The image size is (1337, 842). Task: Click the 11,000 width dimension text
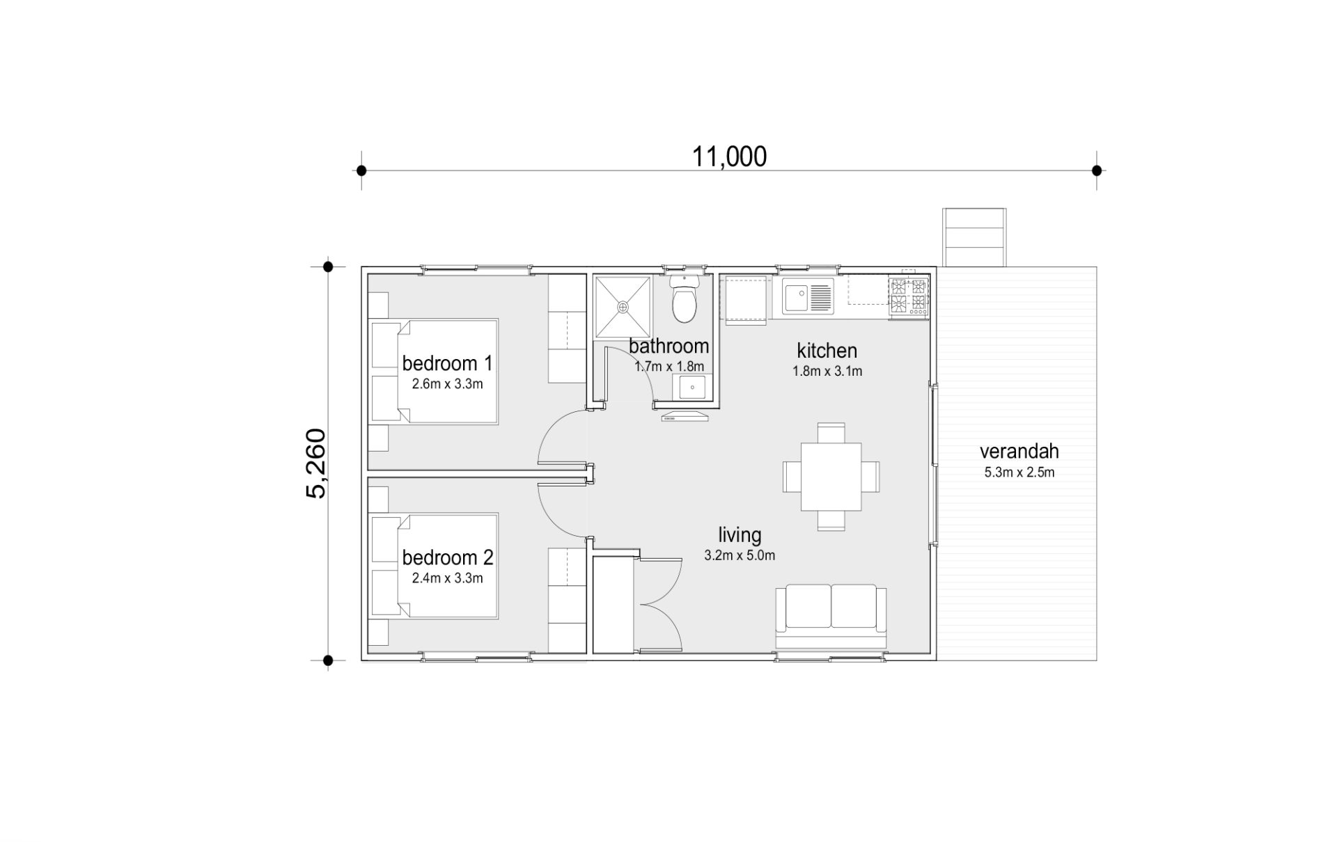coord(729,157)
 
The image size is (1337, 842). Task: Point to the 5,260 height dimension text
coord(315,463)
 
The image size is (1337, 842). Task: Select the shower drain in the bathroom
coord(623,306)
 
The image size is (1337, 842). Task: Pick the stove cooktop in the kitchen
coord(909,295)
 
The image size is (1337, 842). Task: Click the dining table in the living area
coord(831,477)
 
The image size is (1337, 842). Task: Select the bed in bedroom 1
coord(435,372)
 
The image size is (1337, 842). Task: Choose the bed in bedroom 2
coord(435,566)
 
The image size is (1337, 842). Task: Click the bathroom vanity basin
coord(692,388)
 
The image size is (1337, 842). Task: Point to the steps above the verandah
coord(974,237)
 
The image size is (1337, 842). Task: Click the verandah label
coord(1019,451)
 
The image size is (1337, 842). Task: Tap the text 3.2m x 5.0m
coord(740,556)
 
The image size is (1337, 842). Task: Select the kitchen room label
coord(827,351)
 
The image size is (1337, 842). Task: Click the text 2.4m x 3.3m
coord(447,578)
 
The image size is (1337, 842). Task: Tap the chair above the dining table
coord(831,432)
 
